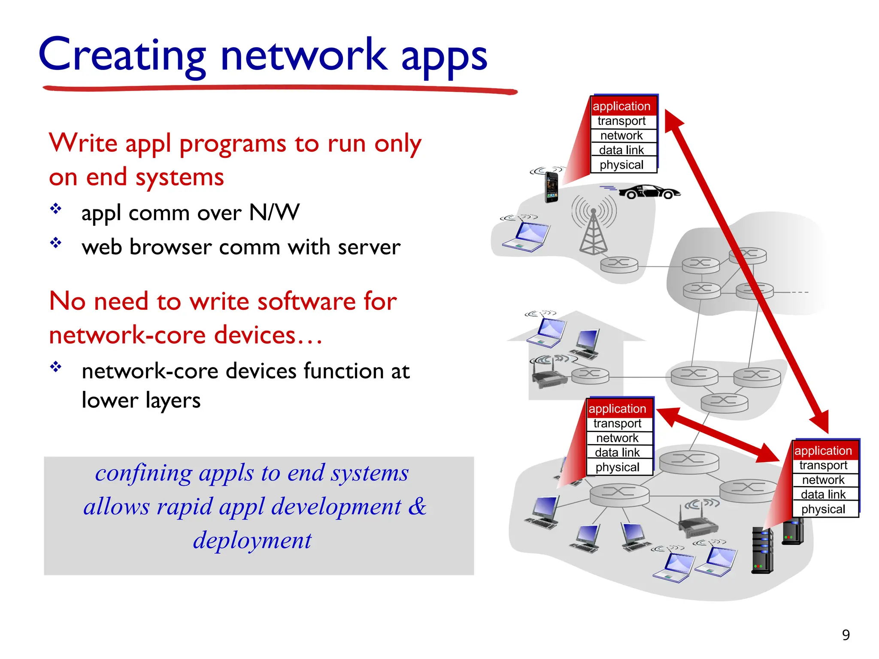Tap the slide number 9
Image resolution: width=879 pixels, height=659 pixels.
point(846,635)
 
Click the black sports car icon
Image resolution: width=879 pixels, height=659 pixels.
point(649,192)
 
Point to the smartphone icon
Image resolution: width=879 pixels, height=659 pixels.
point(551,187)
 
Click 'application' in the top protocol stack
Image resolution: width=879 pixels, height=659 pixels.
point(621,106)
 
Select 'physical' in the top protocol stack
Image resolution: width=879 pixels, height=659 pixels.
point(621,165)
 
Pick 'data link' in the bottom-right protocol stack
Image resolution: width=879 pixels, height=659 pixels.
point(823,494)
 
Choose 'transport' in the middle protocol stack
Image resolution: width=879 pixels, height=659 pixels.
point(617,423)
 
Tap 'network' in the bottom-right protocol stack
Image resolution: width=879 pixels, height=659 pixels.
point(823,480)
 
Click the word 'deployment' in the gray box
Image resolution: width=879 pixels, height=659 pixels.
point(252,540)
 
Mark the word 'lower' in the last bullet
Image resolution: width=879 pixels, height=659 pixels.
point(110,400)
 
